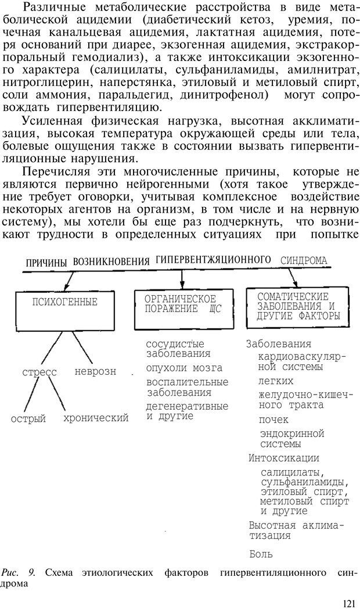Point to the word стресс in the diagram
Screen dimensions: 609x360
[x=39, y=372]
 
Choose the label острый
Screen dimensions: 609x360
[x=28, y=418]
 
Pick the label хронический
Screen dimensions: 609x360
[x=96, y=417]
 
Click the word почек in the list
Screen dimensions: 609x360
[x=275, y=419]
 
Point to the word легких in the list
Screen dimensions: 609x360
[x=276, y=381]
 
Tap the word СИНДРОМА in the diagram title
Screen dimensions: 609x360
[x=304, y=261]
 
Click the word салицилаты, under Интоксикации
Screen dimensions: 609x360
[x=293, y=472]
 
